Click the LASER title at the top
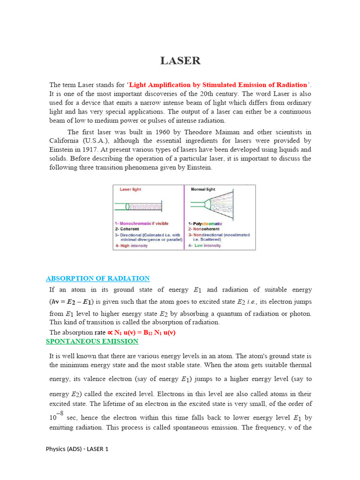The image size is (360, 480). click(x=180, y=61)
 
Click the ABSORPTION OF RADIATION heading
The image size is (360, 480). click(x=97, y=278)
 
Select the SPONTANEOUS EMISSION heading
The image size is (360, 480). click(x=92, y=341)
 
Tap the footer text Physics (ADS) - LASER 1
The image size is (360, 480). click(x=77, y=449)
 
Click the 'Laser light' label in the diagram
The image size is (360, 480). click(x=130, y=189)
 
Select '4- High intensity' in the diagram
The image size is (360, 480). click(x=131, y=245)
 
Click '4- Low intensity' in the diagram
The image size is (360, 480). click(x=204, y=245)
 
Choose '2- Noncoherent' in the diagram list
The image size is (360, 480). click(x=204, y=229)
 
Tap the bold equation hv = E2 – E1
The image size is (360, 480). click(x=72, y=301)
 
